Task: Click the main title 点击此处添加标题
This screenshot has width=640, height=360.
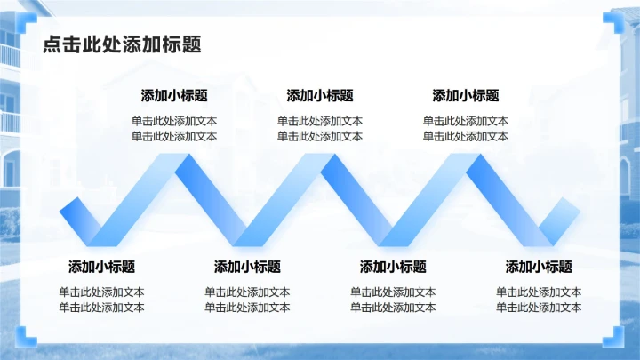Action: [122, 44]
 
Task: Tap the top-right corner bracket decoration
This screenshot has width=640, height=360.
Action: [614, 20]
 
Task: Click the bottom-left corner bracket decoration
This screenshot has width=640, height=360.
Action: [26, 338]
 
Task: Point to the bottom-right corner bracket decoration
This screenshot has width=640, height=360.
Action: [614, 338]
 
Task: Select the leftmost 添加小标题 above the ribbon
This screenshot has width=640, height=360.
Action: [174, 96]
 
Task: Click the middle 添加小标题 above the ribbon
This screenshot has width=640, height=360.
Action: [320, 96]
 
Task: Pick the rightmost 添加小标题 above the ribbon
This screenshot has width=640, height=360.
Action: [466, 96]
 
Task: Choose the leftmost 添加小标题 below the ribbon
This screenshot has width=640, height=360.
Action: [102, 267]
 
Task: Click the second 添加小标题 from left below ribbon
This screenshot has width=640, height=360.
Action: [248, 267]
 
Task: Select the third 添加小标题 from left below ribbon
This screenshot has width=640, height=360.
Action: [393, 267]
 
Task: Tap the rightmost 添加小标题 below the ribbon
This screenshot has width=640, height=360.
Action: [539, 267]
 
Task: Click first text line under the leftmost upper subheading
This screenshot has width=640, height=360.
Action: [174, 122]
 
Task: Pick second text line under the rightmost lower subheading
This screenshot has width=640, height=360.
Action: [539, 308]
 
